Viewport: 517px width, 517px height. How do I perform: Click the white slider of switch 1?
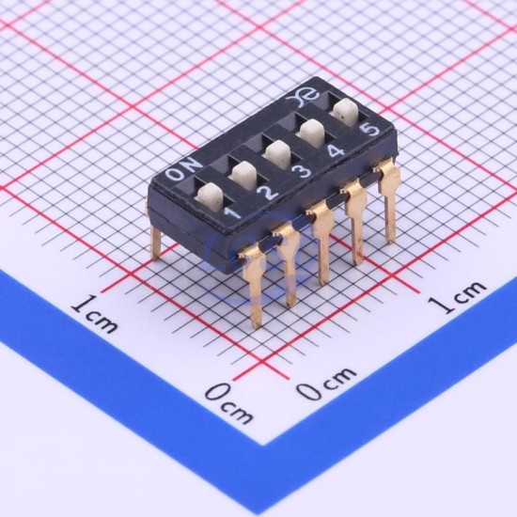coord(211,197)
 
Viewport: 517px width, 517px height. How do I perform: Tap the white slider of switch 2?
coord(244,175)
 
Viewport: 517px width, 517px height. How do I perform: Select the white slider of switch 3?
coord(278,153)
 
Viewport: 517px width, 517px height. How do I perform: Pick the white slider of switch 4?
coord(312,133)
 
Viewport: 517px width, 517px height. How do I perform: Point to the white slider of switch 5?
coord(346,112)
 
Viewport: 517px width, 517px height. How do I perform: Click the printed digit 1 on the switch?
coord(233,212)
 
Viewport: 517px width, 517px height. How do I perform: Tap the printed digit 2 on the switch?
coord(270,192)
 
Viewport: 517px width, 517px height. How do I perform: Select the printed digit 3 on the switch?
coord(302,171)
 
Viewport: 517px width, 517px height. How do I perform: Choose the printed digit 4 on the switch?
coord(336,150)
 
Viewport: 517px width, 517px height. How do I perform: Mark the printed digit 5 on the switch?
coord(370,129)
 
